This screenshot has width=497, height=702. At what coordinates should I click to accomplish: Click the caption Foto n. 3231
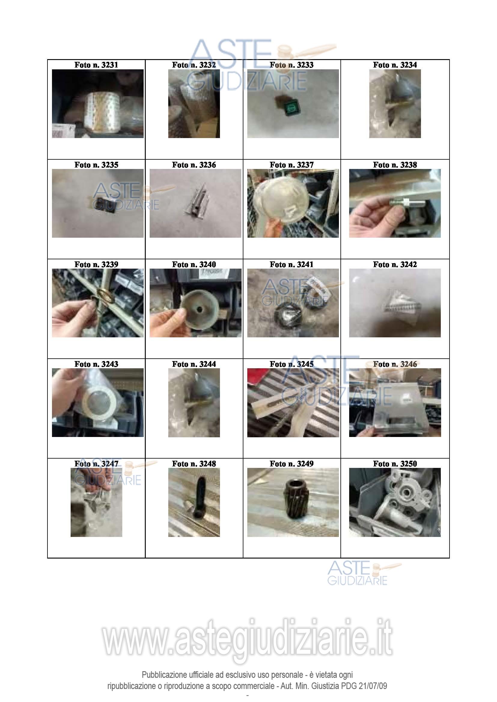96,65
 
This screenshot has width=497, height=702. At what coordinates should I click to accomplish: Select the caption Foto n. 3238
395,165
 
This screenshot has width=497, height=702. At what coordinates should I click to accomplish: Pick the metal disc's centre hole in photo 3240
199,309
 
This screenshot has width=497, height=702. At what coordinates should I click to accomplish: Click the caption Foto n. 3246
395,364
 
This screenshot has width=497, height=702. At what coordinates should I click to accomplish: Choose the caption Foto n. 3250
395,464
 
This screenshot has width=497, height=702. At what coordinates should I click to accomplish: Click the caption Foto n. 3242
395,264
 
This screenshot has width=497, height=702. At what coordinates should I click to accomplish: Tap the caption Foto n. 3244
194,364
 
